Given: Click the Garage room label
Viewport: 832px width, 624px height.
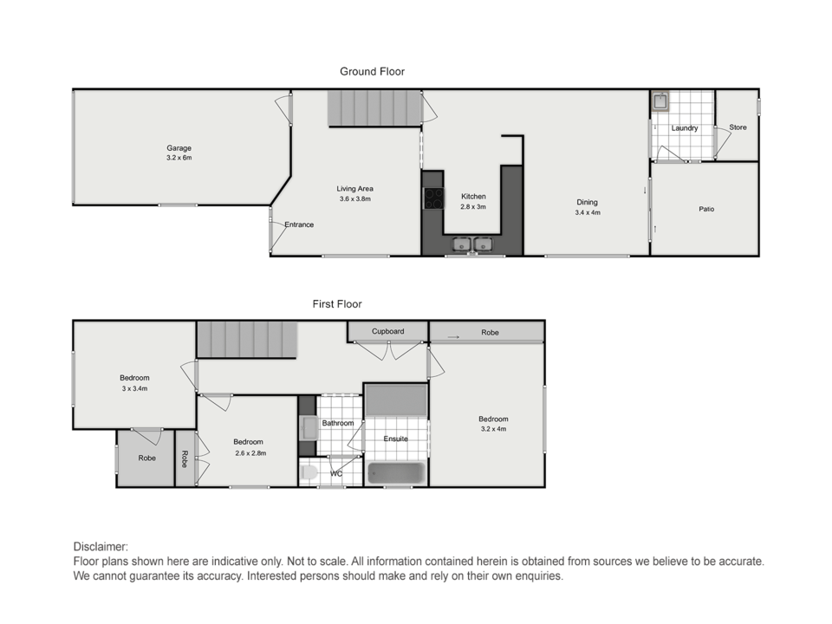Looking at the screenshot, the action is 179,148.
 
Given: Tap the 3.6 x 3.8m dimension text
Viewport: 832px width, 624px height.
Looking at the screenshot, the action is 355,199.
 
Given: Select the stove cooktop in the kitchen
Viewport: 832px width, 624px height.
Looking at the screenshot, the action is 433,198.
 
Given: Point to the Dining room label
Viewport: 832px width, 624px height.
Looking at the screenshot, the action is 588,202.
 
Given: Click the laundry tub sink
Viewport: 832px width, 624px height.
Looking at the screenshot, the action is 660,101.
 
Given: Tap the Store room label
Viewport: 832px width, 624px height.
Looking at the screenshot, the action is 738,127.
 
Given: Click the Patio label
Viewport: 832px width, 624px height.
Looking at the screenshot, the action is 706,209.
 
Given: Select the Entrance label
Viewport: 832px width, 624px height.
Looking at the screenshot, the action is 299,224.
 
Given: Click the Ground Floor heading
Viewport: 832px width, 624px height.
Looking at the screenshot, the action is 372,72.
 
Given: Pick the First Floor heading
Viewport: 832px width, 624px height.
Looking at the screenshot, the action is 337,304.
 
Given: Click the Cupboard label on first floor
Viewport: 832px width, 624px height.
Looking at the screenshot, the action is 388,331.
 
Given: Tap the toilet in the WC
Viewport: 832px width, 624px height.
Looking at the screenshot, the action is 309,473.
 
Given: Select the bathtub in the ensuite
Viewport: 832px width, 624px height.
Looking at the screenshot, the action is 396,473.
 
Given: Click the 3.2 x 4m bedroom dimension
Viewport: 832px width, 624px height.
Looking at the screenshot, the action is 493,429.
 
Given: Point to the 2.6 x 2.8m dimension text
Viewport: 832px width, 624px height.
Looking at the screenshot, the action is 250,453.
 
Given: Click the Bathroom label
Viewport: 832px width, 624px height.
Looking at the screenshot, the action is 337,423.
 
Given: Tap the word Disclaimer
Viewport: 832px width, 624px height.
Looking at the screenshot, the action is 101,547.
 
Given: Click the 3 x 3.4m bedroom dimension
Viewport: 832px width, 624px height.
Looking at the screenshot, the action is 135,388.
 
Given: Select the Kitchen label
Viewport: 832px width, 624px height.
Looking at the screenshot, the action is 473,197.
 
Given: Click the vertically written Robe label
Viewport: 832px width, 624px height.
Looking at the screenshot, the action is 185,459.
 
